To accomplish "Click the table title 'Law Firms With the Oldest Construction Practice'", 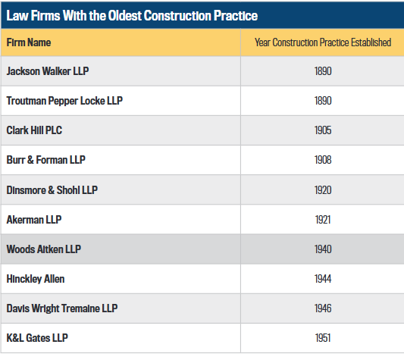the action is [x=132, y=16].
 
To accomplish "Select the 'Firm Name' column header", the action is [x=29, y=42].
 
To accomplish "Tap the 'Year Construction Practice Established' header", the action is [x=323, y=42].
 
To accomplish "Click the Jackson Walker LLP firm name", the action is [x=48, y=71].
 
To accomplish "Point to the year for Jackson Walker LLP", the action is [x=323, y=71].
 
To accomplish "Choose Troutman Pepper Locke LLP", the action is [x=64, y=101].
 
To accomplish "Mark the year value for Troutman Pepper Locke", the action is [x=323, y=101].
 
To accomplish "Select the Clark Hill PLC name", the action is [x=34, y=130].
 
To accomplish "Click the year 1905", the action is [x=323, y=130].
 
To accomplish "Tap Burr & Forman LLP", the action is [x=46, y=160].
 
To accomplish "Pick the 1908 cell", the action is [x=323, y=160].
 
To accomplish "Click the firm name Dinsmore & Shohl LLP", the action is [x=52, y=190].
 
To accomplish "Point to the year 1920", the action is [x=323, y=190].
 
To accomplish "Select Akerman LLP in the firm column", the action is [x=34, y=220].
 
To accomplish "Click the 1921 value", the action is [x=323, y=220].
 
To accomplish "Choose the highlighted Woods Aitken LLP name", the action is [x=44, y=249].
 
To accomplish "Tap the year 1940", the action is [x=323, y=249].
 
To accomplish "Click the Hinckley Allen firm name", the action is [x=36, y=279].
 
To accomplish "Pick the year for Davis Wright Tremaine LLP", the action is [x=323, y=308].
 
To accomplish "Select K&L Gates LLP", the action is [x=37, y=338].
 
